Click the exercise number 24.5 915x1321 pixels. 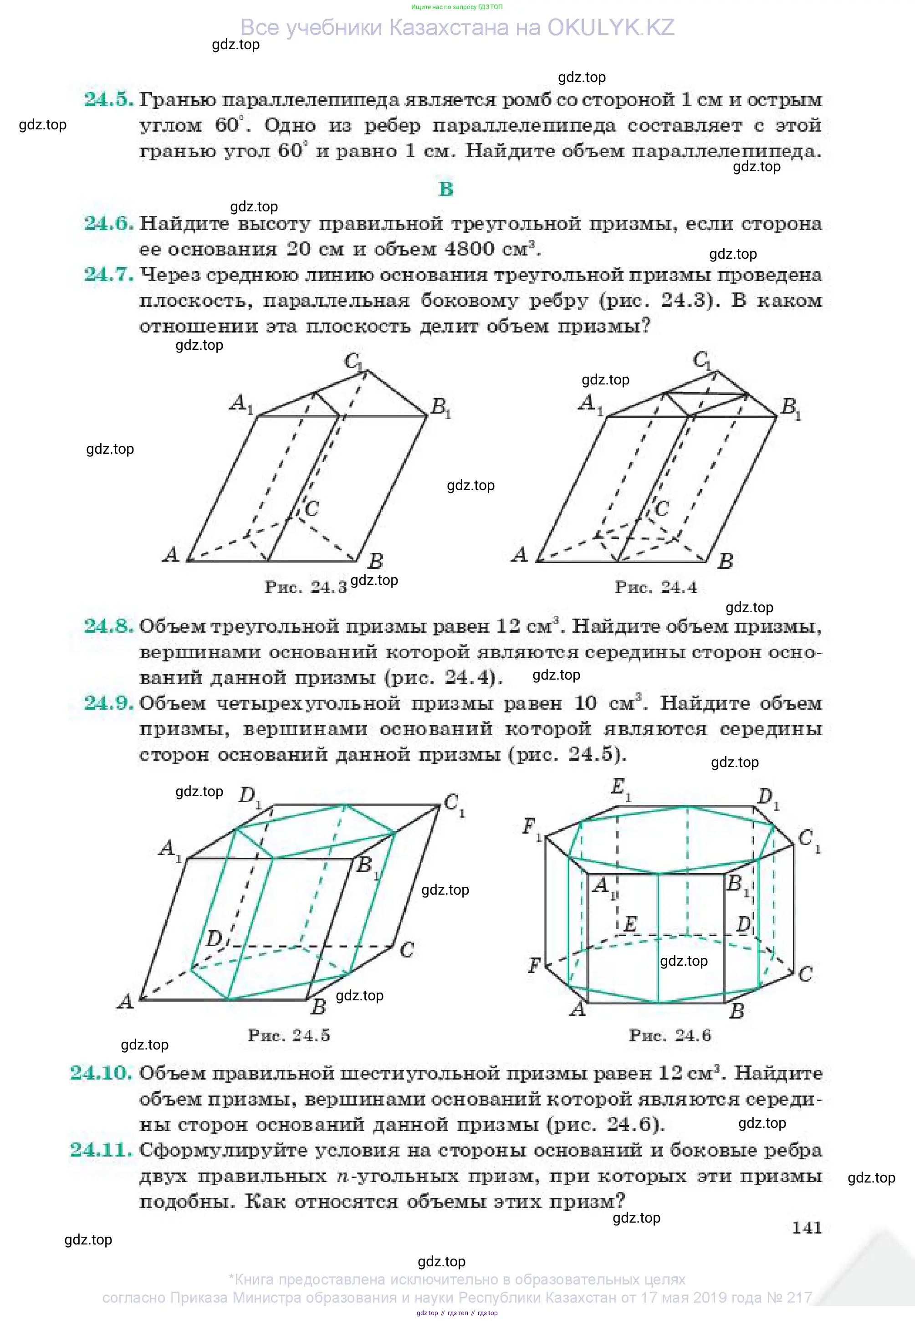click(x=109, y=99)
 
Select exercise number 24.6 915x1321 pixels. click(x=109, y=223)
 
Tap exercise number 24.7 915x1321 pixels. click(x=109, y=274)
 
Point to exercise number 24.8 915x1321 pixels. click(x=109, y=625)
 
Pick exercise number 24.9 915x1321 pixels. click(x=109, y=702)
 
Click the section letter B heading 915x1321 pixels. click(x=445, y=189)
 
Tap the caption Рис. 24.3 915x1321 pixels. click(x=306, y=587)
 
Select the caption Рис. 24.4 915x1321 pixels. click(x=656, y=587)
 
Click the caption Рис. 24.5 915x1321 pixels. click(x=289, y=1035)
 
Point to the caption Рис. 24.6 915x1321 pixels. click(x=670, y=1035)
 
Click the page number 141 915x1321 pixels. click(x=807, y=1228)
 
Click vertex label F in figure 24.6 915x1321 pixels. click(x=534, y=966)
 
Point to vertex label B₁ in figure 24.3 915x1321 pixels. click(x=441, y=408)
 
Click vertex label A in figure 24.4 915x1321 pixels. click(x=519, y=554)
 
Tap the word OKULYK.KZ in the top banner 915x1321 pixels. click(x=611, y=27)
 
